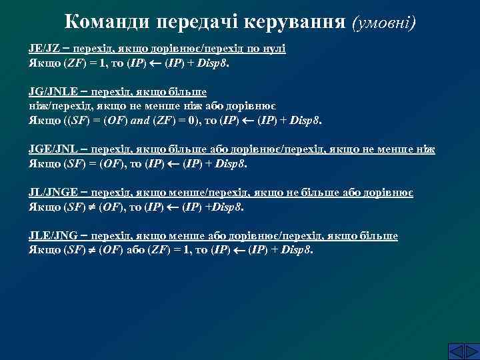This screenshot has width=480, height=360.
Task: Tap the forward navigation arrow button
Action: [470, 351]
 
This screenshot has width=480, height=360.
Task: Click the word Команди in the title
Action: [107, 21]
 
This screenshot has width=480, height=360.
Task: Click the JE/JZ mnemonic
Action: [46, 49]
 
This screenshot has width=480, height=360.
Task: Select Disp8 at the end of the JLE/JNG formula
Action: [297, 251]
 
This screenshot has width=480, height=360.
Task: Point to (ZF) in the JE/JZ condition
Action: [73, 64]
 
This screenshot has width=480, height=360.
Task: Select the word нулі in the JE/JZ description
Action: [275, 49]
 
